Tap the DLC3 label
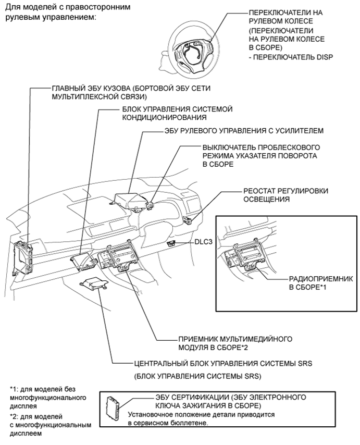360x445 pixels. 204,243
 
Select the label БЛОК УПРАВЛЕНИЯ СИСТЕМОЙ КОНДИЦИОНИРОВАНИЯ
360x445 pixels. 177,113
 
